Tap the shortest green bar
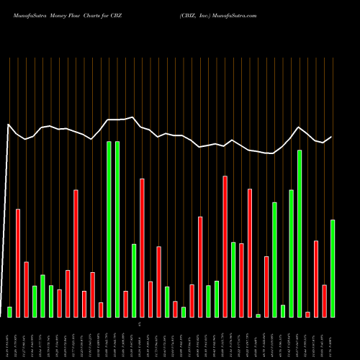click(258, 315)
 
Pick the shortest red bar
click(308, 314)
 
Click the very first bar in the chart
click(9, 312)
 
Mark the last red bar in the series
click(325, 300)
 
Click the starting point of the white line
click(9, 125)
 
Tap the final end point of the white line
click(332, 137)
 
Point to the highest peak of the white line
click(133, 117)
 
